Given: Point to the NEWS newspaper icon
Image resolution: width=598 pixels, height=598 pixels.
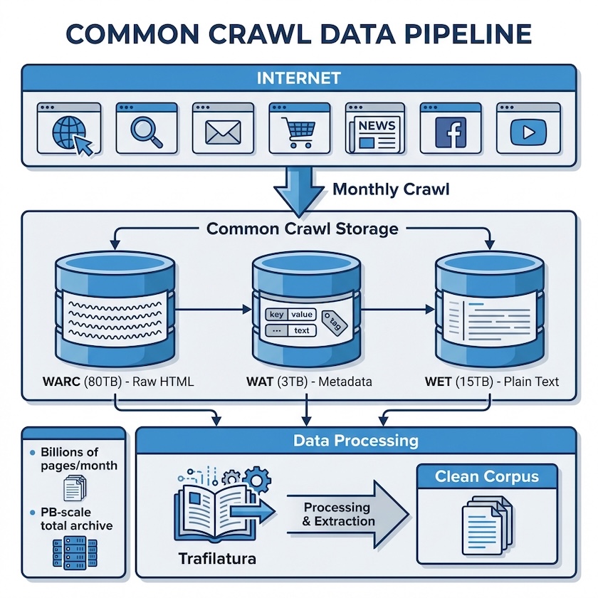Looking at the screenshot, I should pyautogui.click(x=375, y=132).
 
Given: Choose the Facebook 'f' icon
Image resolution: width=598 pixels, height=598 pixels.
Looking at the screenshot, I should pyautogui.click(x=451, y=133).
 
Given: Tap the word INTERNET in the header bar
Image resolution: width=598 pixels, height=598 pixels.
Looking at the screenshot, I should pyautogui.click(x=299, y=77).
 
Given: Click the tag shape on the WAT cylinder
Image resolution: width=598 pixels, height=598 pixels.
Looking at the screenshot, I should pyautogui.click(x=332, y=321).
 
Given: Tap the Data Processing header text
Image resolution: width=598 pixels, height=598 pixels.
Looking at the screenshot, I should pyautogui.click(x=356, y=441).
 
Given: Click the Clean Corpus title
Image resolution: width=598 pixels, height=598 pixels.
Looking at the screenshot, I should pyautogui.click(x=487, y=476).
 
